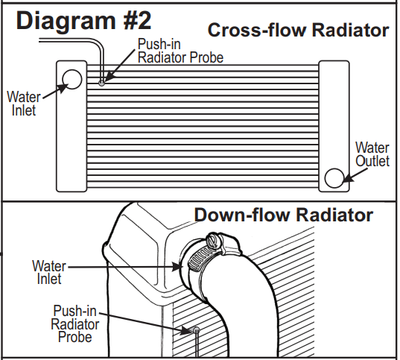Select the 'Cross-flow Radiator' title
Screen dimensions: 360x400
tap(298, 31)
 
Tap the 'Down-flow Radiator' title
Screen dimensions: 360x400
tap(283, 215)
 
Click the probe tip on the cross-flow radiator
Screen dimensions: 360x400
tap(102, 76)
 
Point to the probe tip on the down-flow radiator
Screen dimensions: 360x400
tap(196, 329)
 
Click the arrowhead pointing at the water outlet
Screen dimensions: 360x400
tap(348, 174)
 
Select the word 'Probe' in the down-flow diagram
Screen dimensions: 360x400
tap(75, 337)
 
